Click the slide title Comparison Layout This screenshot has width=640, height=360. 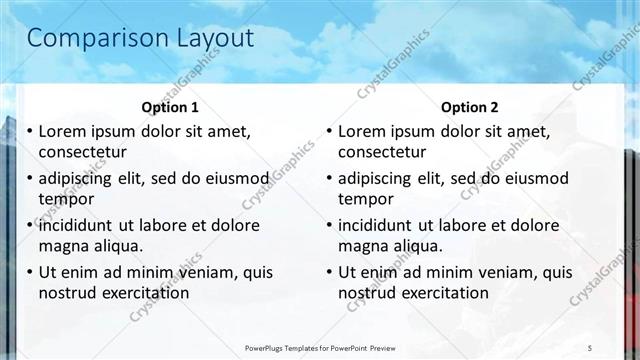click(140, 38)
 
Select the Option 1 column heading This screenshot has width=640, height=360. click(170, 107)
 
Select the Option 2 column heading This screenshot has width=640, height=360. click(469, 107)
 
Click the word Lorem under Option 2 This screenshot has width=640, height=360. click(362, 131)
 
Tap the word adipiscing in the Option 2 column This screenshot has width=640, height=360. click(377, 178)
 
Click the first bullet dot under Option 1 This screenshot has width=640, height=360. click(30, 132)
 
